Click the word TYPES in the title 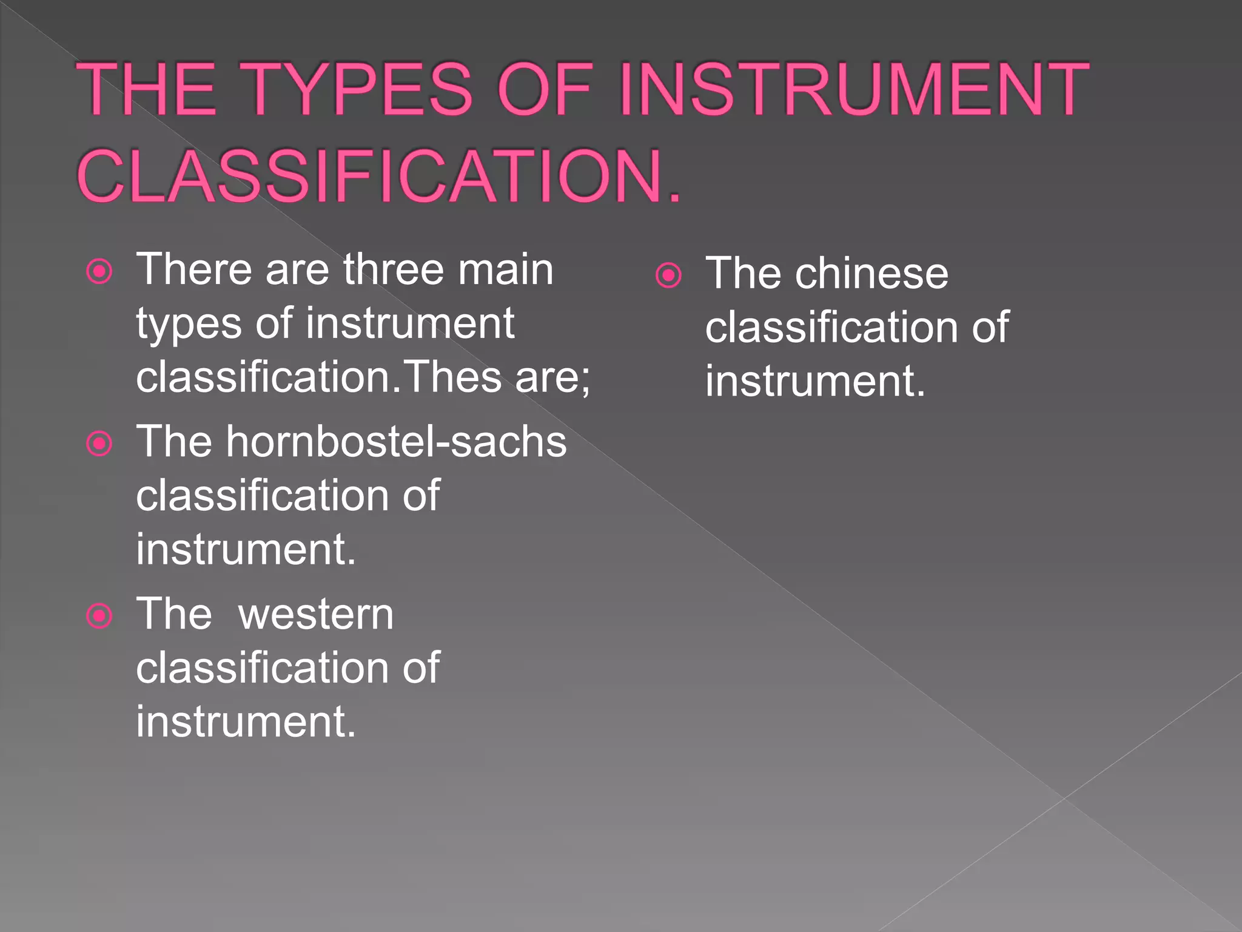click(x=359, y=89)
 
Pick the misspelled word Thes click(x=452, y=377)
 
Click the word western click(x=316, y=614)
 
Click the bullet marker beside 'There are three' click(x=99, y=271)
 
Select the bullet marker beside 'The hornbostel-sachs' click(x=99, y=444)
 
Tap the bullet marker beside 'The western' click(x=99, y=616)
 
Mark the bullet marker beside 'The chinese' click(x=668, y=275)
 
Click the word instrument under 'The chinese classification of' click(x=814, y=381)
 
